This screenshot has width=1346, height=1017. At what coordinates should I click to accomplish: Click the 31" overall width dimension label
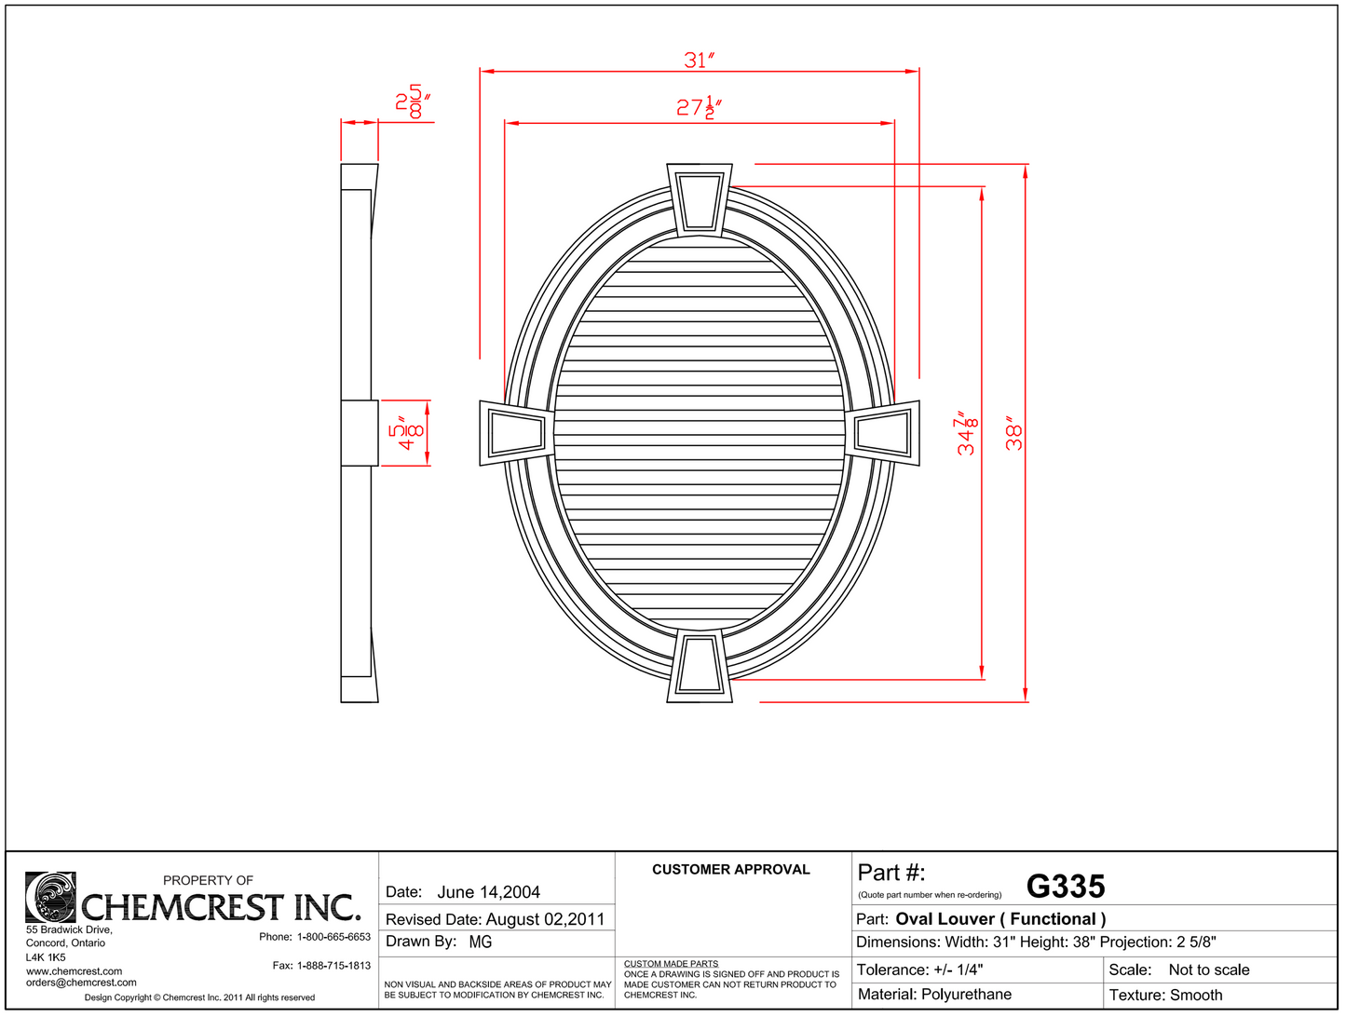point(699,61)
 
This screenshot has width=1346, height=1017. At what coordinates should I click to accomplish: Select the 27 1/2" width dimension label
point(699,107)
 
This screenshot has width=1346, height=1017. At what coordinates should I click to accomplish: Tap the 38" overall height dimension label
point(1014,434)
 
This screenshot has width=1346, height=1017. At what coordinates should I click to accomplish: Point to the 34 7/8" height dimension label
point(968,434)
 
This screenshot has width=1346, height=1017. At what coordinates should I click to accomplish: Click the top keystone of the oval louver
point(699,198)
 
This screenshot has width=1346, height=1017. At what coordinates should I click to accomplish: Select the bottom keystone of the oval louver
point(699,665)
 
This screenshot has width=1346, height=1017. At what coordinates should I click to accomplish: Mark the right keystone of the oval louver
point(883,432)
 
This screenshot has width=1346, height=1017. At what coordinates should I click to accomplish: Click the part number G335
point(1066,887)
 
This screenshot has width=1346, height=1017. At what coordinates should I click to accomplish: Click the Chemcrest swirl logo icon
point(50,897)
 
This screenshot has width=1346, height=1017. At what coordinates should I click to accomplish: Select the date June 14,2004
point(488,892)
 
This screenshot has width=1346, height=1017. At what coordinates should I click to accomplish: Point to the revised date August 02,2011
point(545,919)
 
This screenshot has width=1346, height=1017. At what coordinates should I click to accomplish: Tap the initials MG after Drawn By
point(481,942)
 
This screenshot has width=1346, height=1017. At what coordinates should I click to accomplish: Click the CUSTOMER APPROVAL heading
point(730,870)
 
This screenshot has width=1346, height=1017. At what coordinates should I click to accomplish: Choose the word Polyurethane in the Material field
point(966,995)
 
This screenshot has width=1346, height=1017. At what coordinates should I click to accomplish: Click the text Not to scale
point(1208,970)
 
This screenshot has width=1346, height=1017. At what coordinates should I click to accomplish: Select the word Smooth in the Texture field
point(1196,995)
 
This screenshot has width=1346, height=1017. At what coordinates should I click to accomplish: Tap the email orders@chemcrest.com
point(81,983)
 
